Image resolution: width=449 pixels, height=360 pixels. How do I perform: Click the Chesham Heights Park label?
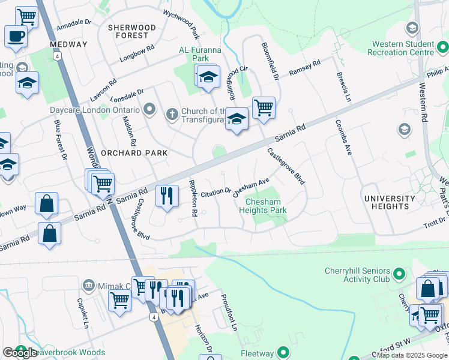tap(263, 206)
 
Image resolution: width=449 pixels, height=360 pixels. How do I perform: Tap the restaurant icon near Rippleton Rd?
tap(166, 196)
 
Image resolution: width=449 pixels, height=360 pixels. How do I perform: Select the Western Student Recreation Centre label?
tap(403, 48)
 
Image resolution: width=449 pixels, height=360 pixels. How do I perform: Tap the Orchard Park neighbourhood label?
tap(134, 153)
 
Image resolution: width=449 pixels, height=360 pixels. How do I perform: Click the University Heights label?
tap(390, 202)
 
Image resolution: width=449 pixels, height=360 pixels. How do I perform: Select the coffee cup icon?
tap(16, 35)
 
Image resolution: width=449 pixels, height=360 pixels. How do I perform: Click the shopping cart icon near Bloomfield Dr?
tap(264, 108)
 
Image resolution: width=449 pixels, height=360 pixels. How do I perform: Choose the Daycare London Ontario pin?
tap(149, 110)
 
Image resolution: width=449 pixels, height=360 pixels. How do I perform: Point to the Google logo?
tap(20, 353)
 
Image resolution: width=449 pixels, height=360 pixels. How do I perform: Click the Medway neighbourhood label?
tap(68, 44)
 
